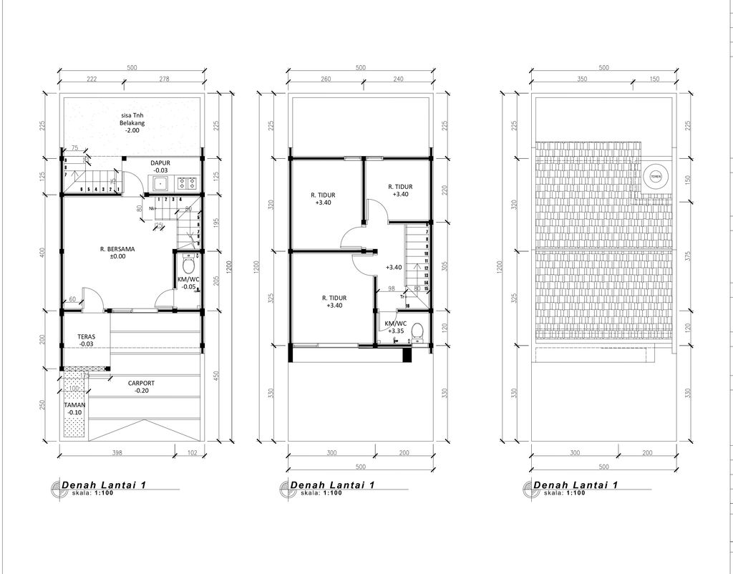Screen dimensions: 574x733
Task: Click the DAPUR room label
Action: coord(160,163)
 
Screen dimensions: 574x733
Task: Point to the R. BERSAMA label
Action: coord(117,249)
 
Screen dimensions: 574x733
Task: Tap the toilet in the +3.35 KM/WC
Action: coord(418,331)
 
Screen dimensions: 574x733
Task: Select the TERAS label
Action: coord(87,336)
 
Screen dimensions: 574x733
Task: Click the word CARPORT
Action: coord(141,383)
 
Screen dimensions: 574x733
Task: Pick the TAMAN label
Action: coord(75,404)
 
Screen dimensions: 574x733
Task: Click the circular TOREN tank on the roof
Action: coord(654,175)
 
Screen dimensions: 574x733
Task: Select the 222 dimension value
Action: coord(92,79)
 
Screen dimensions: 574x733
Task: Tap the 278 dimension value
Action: coord(164,79)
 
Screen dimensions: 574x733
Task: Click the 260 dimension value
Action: coord(326,79)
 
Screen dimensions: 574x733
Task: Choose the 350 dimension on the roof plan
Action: coord(581,79)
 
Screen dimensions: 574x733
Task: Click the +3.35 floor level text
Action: coord(395,331)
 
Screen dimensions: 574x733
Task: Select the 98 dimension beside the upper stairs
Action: coord(391,288)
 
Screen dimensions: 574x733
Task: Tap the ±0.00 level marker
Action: coord(117,256)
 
